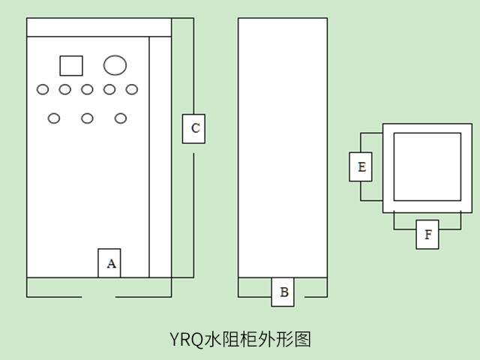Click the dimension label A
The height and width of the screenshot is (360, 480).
109,263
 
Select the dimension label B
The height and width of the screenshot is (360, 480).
283,292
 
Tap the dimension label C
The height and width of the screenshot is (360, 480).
194,128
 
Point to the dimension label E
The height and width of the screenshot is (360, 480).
361,166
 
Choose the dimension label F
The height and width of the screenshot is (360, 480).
427,234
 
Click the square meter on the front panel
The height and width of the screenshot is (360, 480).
70,65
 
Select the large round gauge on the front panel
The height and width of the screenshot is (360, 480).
115,65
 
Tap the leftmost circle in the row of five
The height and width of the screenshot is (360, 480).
43,90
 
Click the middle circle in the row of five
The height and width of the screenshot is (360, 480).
87,90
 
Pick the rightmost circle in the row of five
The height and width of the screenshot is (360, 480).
132,90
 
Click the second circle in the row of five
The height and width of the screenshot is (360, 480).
65,90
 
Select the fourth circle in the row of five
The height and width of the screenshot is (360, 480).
109,90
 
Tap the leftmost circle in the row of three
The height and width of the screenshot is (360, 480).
54,118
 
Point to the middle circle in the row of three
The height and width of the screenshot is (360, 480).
87,118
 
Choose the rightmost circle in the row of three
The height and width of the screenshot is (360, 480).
121,118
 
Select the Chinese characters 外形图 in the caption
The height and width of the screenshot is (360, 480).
289,340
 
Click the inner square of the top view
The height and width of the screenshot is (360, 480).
427,166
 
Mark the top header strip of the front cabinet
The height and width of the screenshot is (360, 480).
99,27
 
